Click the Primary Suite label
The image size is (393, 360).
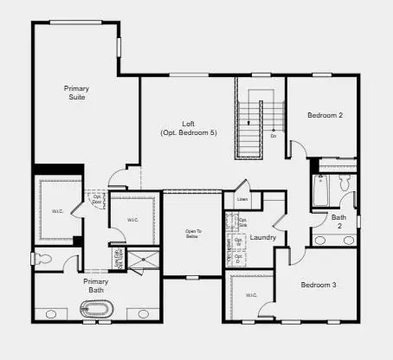[x=76, y=93]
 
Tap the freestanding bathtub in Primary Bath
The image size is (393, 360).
[x=95, y=308]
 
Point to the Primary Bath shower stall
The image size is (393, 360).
[x=142, y=260]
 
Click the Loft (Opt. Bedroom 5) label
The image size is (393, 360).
[x=188, y=128]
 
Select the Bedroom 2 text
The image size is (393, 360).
[x=325, y=115]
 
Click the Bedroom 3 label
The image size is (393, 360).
[x=319, y=285]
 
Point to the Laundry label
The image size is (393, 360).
[x=263, y=237]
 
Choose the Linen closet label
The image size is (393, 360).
[x=242, y=201]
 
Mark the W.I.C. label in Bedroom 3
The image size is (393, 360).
[x=251, y=295]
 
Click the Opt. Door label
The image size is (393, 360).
[x=98, y=201]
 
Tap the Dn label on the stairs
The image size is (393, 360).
[x=274, y=136]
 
